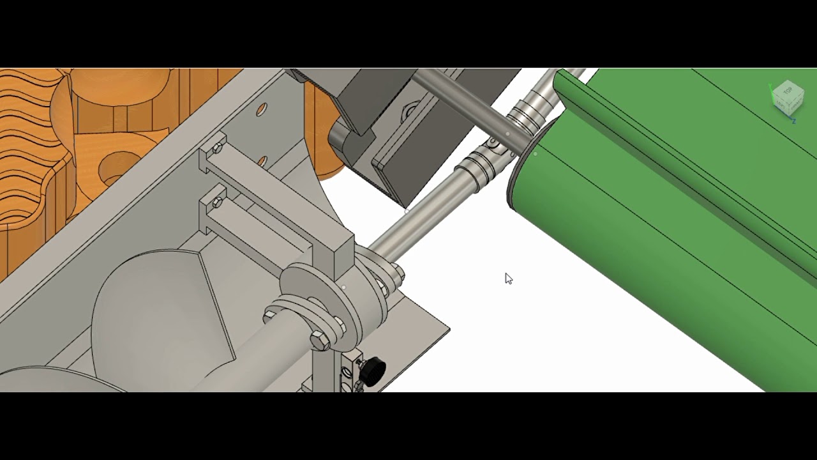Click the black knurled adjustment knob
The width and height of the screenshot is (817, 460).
point(372,369)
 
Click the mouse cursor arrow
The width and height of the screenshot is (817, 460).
point(508,278)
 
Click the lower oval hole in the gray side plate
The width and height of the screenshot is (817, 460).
point(262,161)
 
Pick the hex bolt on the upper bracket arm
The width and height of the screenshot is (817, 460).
point(216,148)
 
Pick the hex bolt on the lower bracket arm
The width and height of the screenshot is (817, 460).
point(216,203)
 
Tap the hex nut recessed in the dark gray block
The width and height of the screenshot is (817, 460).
point(409,112)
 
